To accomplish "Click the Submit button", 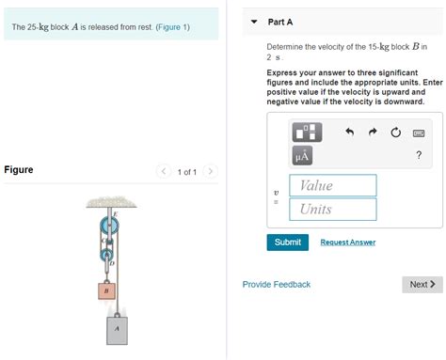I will tap(287, 242).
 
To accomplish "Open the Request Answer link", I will tap(347, 243).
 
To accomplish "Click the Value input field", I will tap(332, 185).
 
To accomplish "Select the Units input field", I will tap(332, 209).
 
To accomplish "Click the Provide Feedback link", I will tap(276, 284).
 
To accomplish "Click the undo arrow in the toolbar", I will tap(349, 133).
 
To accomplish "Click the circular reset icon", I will tap(395, 133).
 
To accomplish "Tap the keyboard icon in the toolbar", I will tap(419, 133).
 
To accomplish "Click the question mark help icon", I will tap(418, 155).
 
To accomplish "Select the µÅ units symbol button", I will tap(303, 155).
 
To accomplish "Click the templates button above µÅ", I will tap(309, 132).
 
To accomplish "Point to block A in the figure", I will tap(117, 330).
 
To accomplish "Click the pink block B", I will tap(106, 291).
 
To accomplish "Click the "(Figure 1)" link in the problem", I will tap(167, 26).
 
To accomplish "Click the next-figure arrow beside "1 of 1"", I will tap(210, 171).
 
